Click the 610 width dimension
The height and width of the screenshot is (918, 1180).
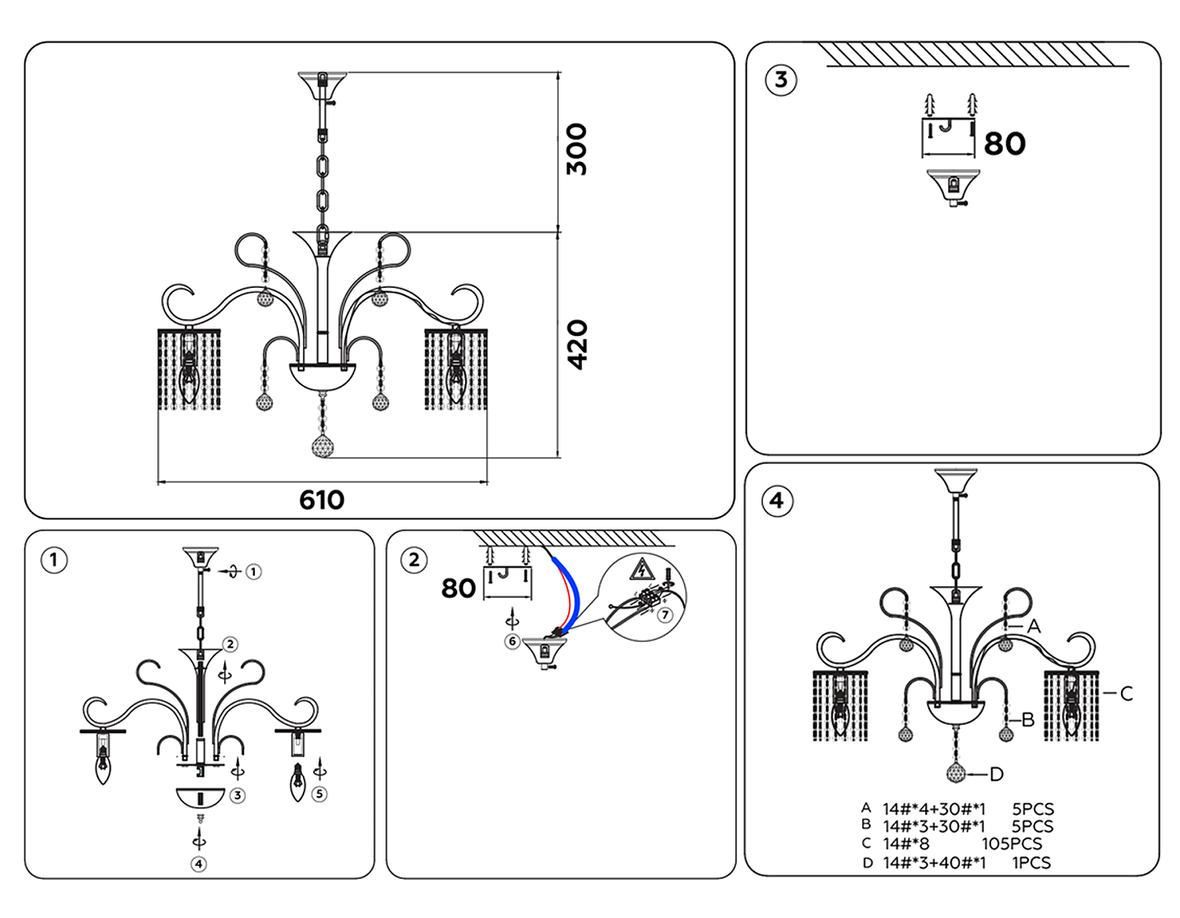click(x=322, y=500)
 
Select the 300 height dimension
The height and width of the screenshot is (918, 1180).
click(x=577, y=149)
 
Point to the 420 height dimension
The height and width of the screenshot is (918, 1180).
click(x=577, y=345)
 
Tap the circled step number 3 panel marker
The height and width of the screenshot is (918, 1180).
click(x=780, y=80)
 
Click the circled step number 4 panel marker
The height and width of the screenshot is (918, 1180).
click(x=776, y=500)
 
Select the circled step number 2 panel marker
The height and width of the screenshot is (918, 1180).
click(x=414, y=561)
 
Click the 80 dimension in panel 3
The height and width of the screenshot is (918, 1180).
click(x=1005, y=144)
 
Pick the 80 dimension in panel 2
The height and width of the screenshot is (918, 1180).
click(x=458, y=588)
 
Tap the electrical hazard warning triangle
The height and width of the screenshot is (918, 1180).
click(x=643, y=568)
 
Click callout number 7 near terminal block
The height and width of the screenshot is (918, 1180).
click(x=666, y=614)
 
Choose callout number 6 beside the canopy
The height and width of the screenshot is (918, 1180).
click(x=512, y=642)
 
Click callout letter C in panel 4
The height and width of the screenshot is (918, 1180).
click(x=1126, y=694)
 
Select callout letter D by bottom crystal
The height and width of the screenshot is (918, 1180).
click(x=996, y=775)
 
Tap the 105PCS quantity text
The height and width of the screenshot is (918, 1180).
click(x=1011, y=844)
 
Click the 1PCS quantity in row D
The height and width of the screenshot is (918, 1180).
click(x=1031, y=863)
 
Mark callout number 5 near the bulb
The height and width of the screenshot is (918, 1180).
click(x=319, y=794)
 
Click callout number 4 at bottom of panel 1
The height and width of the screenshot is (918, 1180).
click(x=198, y=864)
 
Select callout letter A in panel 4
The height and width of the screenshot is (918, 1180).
click(x=1034, y=626)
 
